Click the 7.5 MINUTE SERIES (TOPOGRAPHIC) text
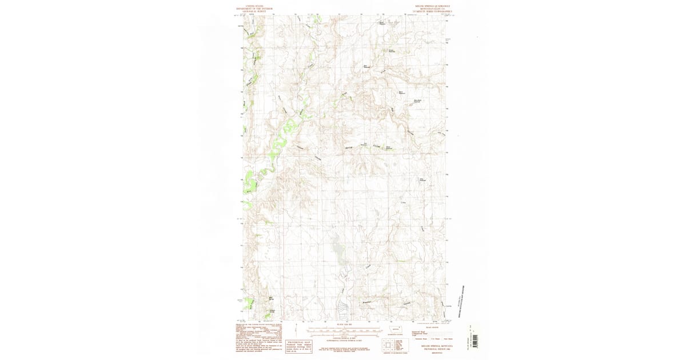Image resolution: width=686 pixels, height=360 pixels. pyautogui.click(x=433, y=12)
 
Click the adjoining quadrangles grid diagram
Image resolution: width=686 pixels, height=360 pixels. pyautogui.click(x=386, y=345)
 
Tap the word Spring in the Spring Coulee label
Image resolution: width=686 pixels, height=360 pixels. pyautogui.click(x=348, y=148)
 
